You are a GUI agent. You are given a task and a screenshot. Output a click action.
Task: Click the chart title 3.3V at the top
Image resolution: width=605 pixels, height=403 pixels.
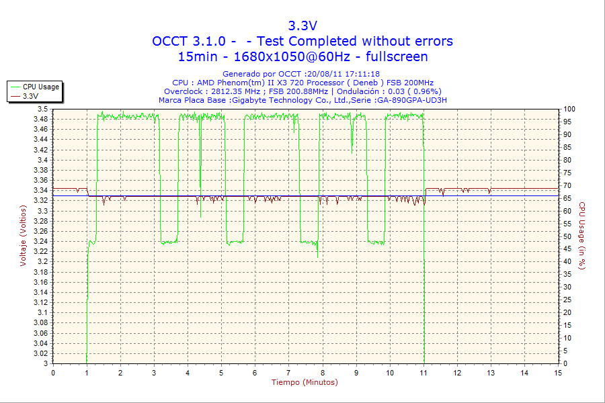point(302,26)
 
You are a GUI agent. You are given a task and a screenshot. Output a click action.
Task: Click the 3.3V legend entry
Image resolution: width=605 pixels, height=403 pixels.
point(30,96)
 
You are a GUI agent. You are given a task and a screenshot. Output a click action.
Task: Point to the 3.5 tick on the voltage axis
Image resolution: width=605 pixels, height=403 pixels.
point(42,109)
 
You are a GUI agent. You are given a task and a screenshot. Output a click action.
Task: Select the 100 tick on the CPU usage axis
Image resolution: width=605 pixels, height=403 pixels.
point(569,109)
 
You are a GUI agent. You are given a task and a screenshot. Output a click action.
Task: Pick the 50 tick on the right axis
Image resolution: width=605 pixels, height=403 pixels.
point(567,236)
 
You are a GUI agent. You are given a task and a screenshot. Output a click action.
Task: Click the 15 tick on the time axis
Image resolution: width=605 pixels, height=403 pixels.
point(558,373)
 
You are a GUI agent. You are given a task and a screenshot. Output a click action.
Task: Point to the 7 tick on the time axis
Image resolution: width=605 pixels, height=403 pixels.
point(288,373)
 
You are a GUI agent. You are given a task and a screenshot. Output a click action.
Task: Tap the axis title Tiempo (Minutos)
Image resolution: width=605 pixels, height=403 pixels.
point(305,383)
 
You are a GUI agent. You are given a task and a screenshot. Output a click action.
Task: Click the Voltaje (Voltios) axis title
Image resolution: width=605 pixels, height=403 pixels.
point(23,235)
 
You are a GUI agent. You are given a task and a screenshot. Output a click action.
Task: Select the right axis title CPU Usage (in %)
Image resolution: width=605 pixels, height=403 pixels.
point(582,236)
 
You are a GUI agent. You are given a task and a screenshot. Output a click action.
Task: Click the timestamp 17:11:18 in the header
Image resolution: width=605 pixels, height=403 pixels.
point(363,74)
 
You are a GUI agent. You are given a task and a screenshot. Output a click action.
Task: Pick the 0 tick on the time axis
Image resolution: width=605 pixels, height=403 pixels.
point(53,373)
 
